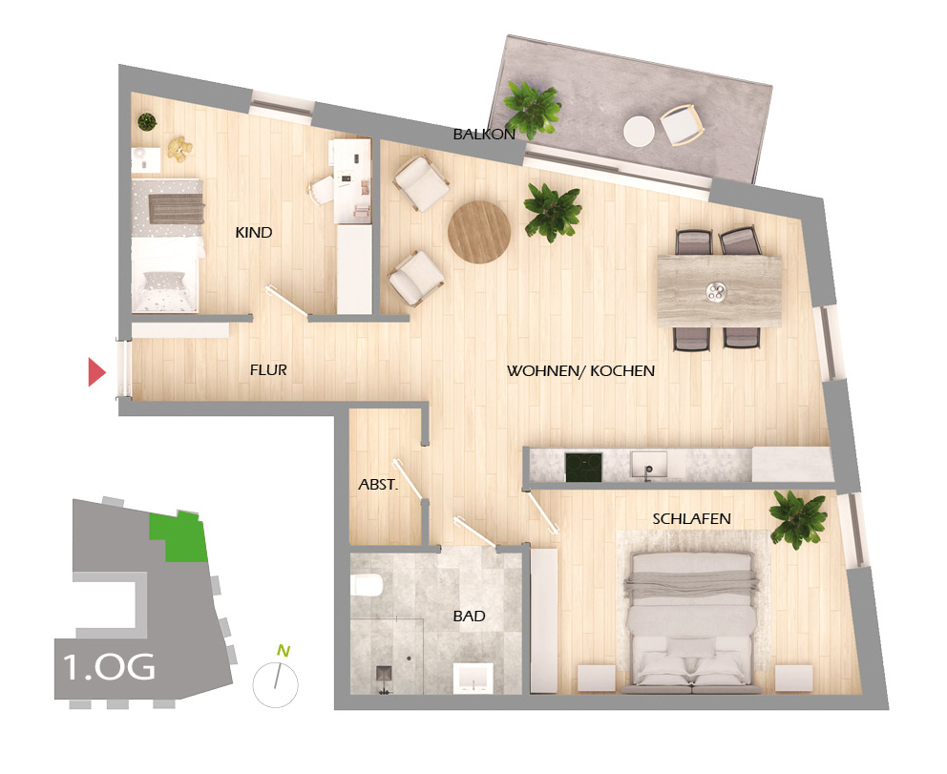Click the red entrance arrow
click(x=95, y=371)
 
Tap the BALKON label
click(x=484, y=135)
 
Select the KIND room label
click(x=254, y=232)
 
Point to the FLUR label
click(x=268, y=369)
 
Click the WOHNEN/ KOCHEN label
click(x=580, y=370)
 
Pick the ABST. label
click(x=378, y=485)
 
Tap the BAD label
click(x=469, y=617)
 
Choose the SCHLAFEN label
click(x=692, y=518)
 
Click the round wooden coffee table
click(x=479, y=232)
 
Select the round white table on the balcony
click(x=639, y=130)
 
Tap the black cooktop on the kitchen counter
click(x=583, y=467)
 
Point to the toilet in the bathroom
click(x=367, y=585)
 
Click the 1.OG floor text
click(x=108, y=666)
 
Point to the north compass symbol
click(x=276, y=680)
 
